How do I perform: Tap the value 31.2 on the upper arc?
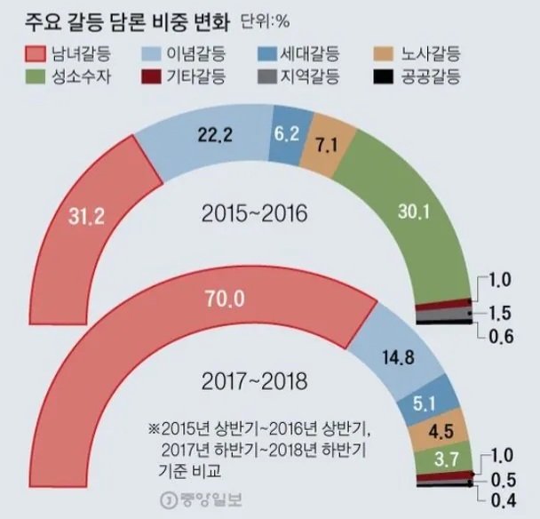pyautogui.click(x=87, y=215)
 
